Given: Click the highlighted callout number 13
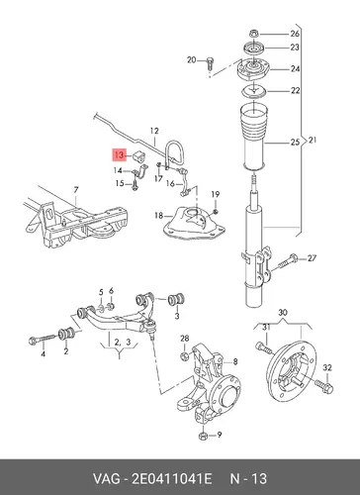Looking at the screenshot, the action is [120, 154].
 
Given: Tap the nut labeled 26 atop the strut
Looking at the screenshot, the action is [253, 34].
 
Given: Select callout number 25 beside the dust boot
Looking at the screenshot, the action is [295, 143].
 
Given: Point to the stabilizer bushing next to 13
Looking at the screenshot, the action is [139, 156].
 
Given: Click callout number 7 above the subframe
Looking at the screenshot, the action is [76, 190].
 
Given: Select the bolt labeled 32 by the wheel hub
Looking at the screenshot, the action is [324, 386].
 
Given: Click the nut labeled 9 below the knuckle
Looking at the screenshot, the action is [203, 436].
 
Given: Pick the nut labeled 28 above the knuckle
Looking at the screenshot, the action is [185, 355].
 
